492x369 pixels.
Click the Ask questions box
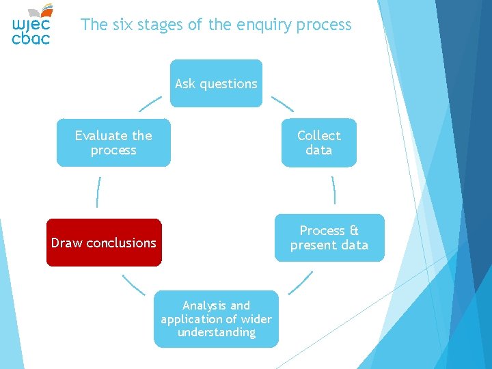click(216, 83)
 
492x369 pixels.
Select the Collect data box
click(318, 143)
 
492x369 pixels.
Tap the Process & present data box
click(329, 238)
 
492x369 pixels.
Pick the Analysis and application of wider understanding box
click(216, 319)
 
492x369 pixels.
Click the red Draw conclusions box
click(104, 243)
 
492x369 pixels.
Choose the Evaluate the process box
click(113, 143)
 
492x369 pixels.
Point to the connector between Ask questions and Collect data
click(282, 103)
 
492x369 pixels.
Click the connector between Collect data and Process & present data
click(333, 190)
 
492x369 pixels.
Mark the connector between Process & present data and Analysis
click(301, 283)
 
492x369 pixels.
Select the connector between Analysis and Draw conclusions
click(133, 284)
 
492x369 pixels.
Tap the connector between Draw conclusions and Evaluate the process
click(98, 192)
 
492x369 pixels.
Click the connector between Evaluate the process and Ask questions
click(150, 103)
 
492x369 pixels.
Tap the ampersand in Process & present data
click(353, 230)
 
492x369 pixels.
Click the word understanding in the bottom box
click(216, 333)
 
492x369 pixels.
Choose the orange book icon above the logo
click(45, 10)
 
